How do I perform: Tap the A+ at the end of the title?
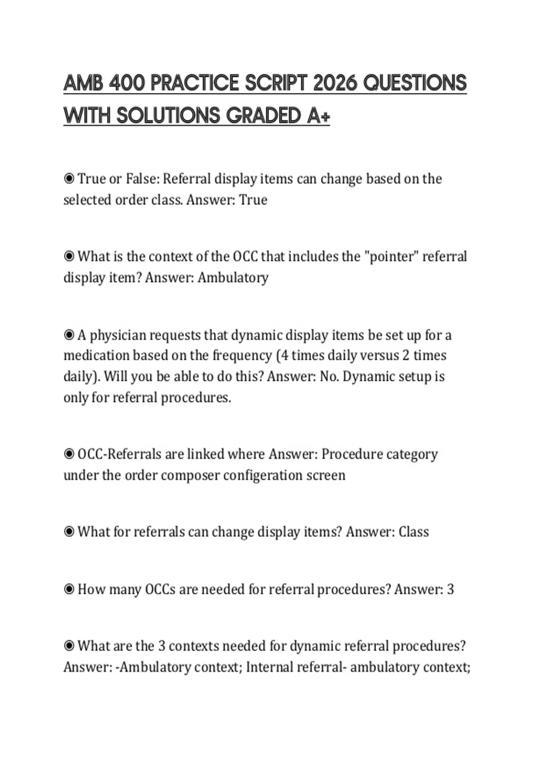pyautogui.click(x=319, y=116)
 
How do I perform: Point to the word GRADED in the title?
pyautogui.click(x=264, y=116)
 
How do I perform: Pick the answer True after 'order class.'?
pyautogui.click(x=253, y=200)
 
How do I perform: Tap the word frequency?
pyautogui.click(x=242, y=356)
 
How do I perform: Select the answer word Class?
pyautogui.click(x=413, y=532)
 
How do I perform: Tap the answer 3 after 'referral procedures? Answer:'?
pyautogui.click(x=450, y=590)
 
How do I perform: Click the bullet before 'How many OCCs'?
pyautogui.click(x=69, y=590)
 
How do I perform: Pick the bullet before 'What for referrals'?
pyautogui.click(x=69, y=532)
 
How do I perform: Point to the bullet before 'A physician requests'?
pyautogui.click(x=69, y=335)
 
